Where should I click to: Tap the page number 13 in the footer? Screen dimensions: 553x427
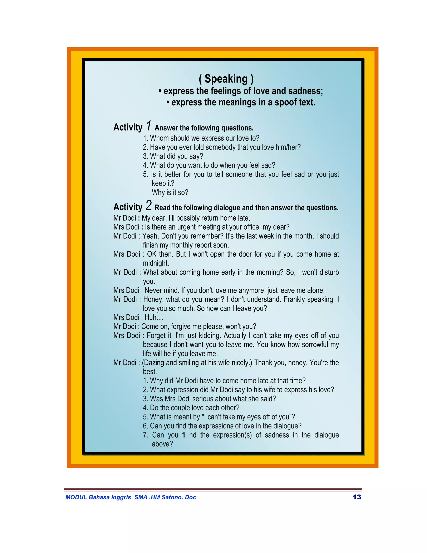click(x=357, y=497)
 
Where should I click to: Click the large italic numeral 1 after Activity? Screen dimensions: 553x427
click(x=149, y=126)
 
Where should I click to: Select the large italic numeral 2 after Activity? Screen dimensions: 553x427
click(x=149, y=206)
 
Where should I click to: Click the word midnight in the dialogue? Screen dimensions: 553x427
click(x=156, y=263)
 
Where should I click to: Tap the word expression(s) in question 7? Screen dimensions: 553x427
click(x=232, y=435)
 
